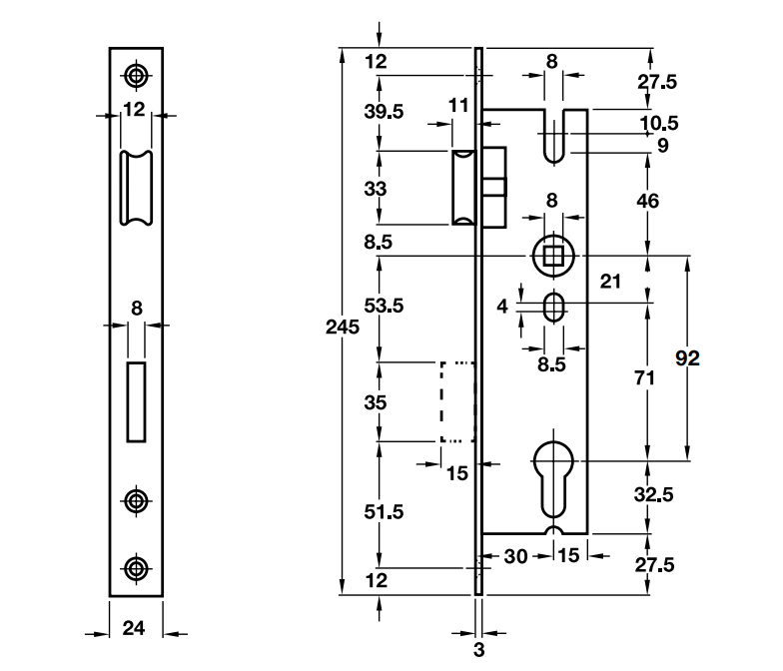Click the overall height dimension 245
pyautogui.click(x=343, y=327)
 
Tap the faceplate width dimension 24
pyautogui.click(x=135, y=629)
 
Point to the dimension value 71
pyautogui.click(x=646, y=378)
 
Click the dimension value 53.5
pyautogui.click(x=385, y=307)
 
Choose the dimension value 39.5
pyautogui.click(x=385, y=112)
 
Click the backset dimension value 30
pyautogui.click(x=515, y=556)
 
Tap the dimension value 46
pyautogui.click(x=648, y=202)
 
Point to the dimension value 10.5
pyautogui.click(x=658, y=124)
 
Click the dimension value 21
pyautogui.click(x=612, y=283)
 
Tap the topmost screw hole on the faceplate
pyautogui.click(x=136, y=75)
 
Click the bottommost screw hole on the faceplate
pyautogui.click(x=136, y=568)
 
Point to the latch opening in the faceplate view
pyautogui.click(x=136, y=188)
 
